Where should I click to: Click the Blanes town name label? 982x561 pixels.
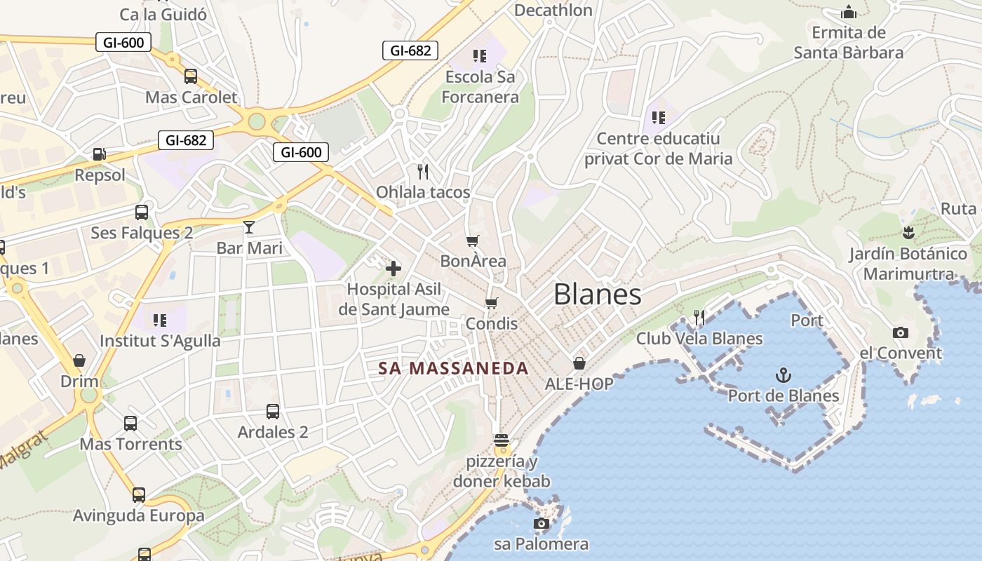click(597, 295)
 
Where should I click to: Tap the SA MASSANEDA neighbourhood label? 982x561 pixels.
click(453, 368)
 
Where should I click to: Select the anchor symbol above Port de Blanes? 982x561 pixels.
click(783, 375)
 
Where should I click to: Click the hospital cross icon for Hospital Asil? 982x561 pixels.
click(394, 268)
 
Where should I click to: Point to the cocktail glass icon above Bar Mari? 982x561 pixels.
click(249, 227)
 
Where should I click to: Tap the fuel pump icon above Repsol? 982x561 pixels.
click(100, 154)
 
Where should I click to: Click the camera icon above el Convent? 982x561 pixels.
click(901, 332)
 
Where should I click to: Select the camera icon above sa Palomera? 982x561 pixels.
click(541, 523)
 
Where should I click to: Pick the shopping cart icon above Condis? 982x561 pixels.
click(492, 303)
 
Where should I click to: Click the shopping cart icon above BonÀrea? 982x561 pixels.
click(473, 241)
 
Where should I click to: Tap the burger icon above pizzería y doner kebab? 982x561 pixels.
click(501, 440)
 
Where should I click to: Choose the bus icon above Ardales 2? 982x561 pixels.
click(273, 412)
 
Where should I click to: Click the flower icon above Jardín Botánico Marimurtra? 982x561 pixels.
click(908, 233)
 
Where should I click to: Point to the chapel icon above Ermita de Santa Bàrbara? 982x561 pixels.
click(849, 12)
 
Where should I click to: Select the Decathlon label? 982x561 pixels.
click(553, 10)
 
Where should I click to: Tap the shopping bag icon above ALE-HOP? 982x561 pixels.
click(579, 363)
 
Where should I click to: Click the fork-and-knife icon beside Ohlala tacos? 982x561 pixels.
click(423, 171)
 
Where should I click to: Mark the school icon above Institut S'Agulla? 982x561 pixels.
click(160, 320)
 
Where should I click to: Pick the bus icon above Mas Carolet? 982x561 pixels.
click(191, 76)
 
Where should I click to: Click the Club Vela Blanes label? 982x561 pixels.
click(699, 339)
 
